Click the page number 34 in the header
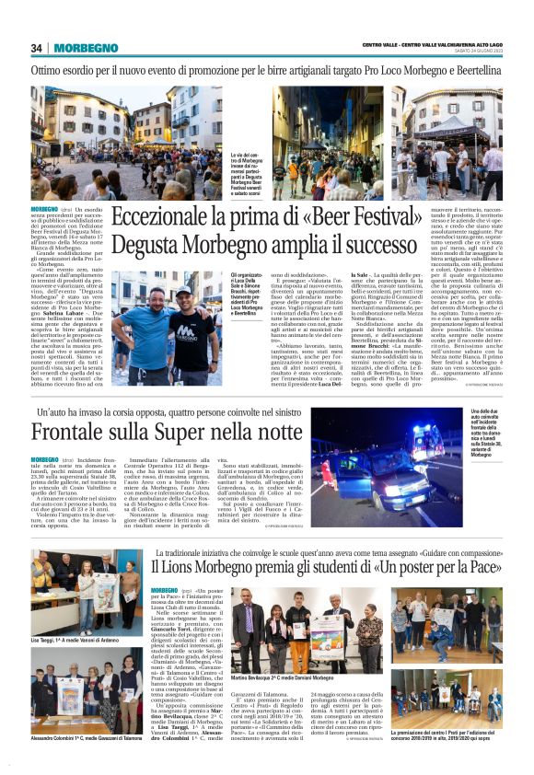[x=37, y=48]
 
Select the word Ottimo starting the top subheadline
[x=52, y=71]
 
